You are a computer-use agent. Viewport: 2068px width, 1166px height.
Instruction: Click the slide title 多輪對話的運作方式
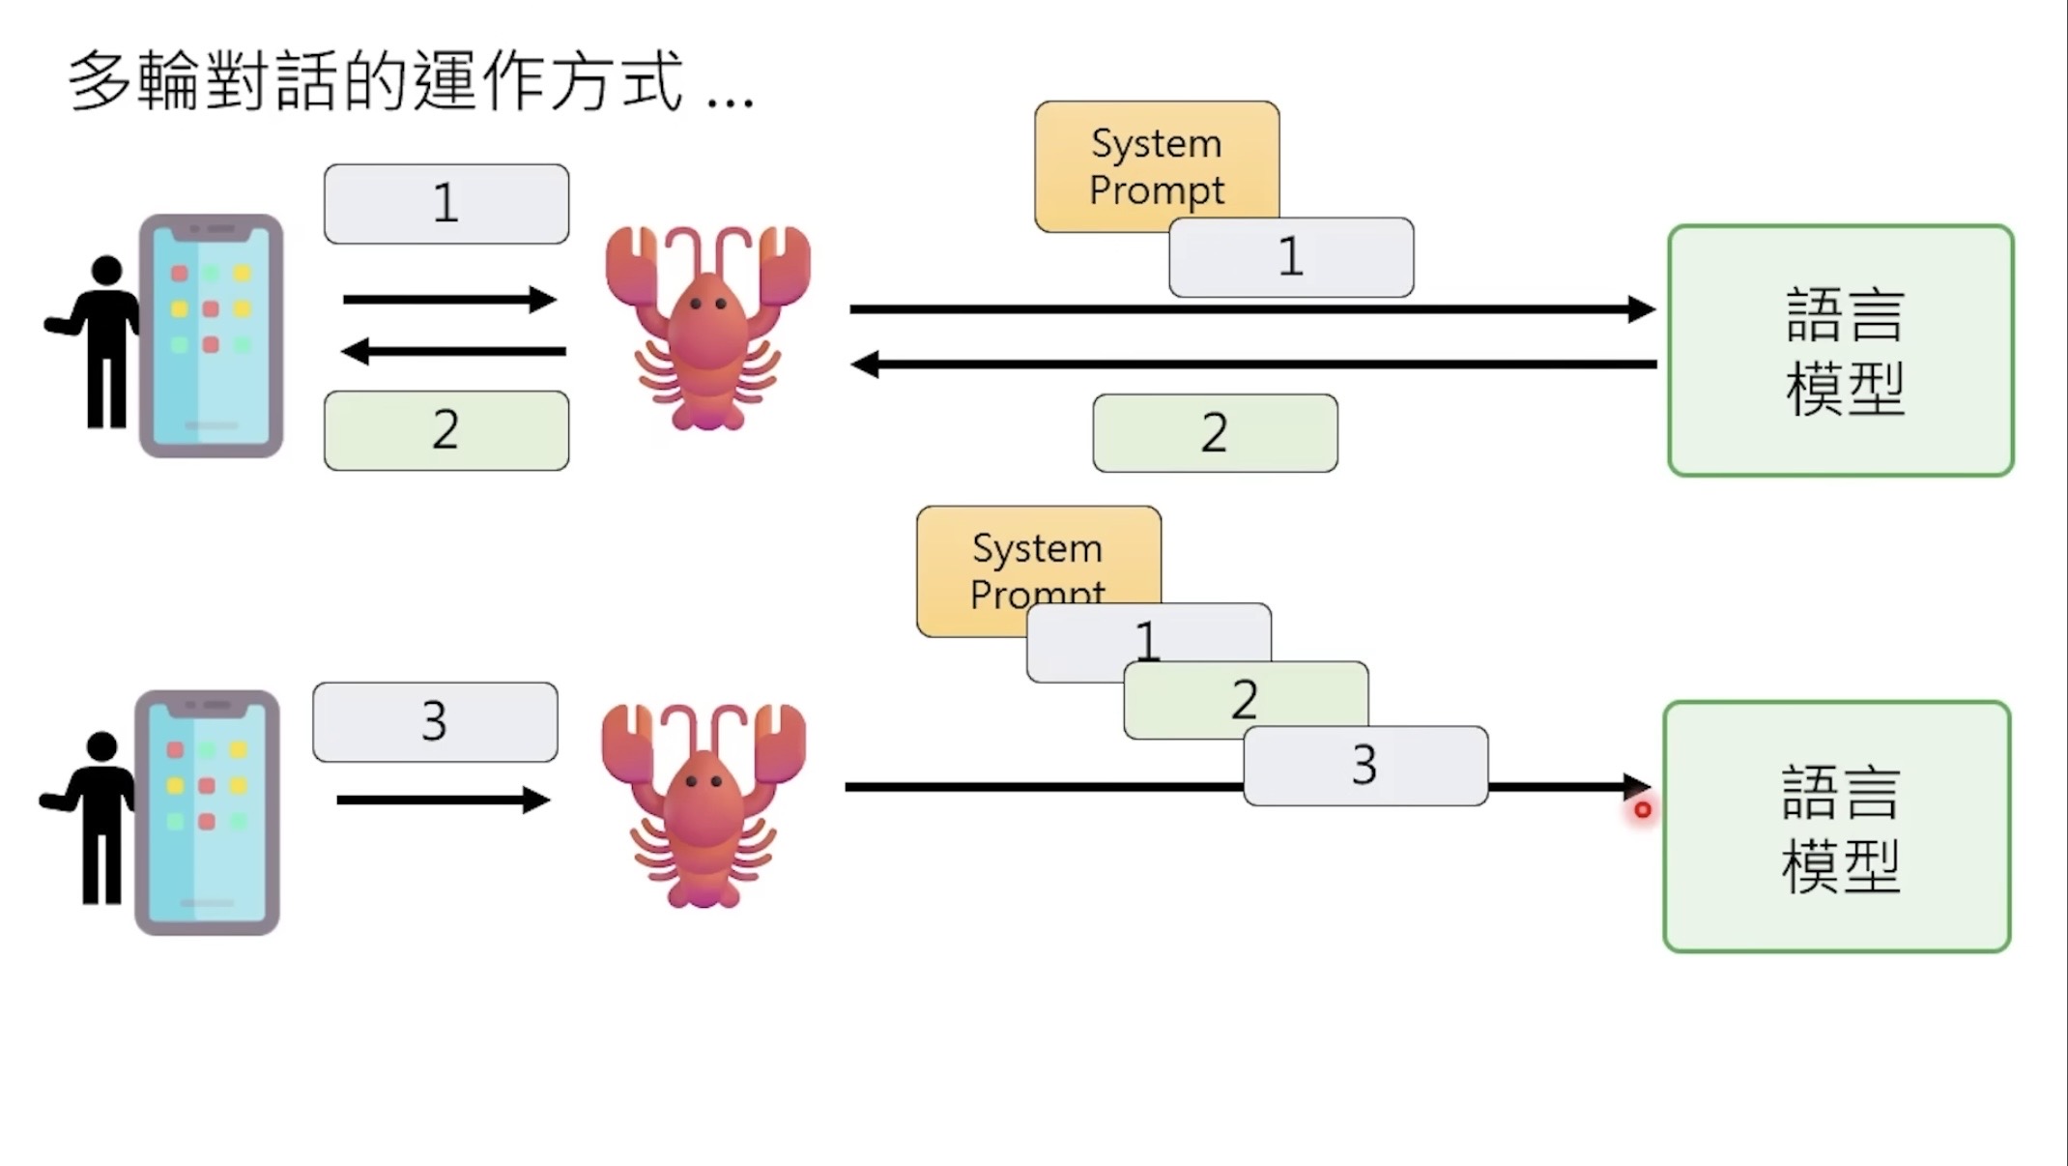[377, 81]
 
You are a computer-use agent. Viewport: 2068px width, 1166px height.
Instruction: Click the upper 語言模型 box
[1840, 351]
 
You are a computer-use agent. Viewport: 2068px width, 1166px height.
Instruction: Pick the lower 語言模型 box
[1836, 827]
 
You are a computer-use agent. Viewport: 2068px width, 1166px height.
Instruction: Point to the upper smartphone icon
[211, 335]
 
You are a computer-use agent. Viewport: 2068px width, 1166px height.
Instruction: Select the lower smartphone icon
[207, 812]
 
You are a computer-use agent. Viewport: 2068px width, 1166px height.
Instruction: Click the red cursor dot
[1643, 810]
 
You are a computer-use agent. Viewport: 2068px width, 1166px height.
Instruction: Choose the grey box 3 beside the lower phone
[435, 721]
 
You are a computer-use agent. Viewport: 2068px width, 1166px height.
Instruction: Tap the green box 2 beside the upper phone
[445, 430]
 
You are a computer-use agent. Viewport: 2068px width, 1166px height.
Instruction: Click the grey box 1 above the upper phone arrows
[445, 203]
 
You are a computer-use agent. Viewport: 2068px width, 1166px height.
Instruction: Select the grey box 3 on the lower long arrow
[1364, 766]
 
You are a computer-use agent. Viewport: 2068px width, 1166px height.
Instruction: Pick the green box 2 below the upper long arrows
[1215, 432]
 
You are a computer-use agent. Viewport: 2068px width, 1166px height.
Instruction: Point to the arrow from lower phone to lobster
[443, 800]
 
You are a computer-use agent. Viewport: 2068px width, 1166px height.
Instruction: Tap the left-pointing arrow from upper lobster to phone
[453, 351]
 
